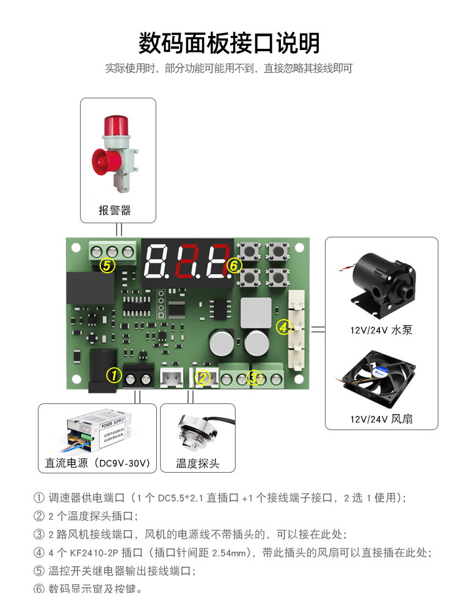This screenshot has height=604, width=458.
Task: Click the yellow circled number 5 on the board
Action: click(x=107, y=266)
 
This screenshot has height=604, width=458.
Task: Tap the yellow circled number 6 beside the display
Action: click(x=234, y=265)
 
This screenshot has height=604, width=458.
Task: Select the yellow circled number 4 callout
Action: click(x=283, y=328)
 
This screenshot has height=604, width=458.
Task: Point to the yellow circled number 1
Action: click(x=114, y=375)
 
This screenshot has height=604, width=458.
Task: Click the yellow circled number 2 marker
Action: click(x=203, y=378)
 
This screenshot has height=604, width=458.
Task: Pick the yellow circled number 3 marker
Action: click(x=254, y=378)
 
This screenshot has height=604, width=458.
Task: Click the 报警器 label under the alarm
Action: click(x=115, y=210)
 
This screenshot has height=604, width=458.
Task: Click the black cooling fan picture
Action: click(x=378, y=379)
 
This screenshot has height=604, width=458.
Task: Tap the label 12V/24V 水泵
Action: click(x=381, y=330)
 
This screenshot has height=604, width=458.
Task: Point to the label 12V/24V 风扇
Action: click(x=381, y=419)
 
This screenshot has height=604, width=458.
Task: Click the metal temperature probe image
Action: click(x=200, y=431)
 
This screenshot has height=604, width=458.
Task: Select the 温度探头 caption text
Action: click(x=198, y=464)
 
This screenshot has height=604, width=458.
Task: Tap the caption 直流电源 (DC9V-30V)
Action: click(x=98, y=463)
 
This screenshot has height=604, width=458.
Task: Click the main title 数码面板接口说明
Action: click(x=229, y=43)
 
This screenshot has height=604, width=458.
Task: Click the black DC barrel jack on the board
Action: click(x=103, y=370)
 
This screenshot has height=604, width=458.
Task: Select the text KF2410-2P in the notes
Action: click(x=94, y=553)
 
